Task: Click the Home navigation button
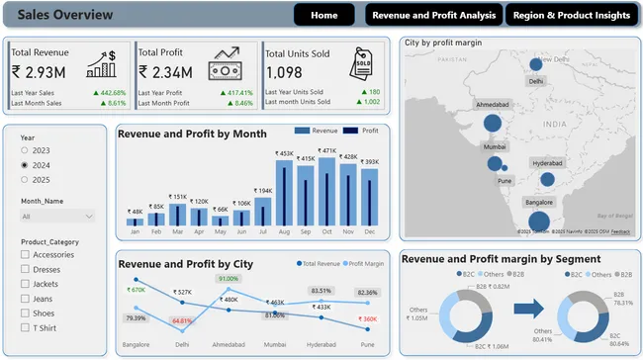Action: (x=323, y=15)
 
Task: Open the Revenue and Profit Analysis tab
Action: (x=433, y=15)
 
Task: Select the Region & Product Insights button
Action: (x=571, y=15)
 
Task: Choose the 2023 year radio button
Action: (x=25, y=150)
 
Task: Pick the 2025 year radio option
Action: (x=25, y=180)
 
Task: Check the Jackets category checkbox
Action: (x=25, y=284)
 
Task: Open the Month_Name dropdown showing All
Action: (x=58, y=216)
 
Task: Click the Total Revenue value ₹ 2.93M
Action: (x=39, y=71)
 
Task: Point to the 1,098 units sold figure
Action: (x=284, y=72)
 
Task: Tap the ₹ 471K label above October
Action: (x=326, y=151)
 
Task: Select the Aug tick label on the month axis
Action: (x=284, y=232)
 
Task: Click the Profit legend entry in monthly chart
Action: (x=364, y=131)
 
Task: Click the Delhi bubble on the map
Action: (x=536, y=64)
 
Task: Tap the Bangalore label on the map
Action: (x=539, y=202)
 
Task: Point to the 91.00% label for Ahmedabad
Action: (x=229, y=279)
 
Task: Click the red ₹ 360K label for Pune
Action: (x=367, y=318)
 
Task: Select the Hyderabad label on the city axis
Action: (x=321, y=346)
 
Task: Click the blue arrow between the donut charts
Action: (x=530, y=309)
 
